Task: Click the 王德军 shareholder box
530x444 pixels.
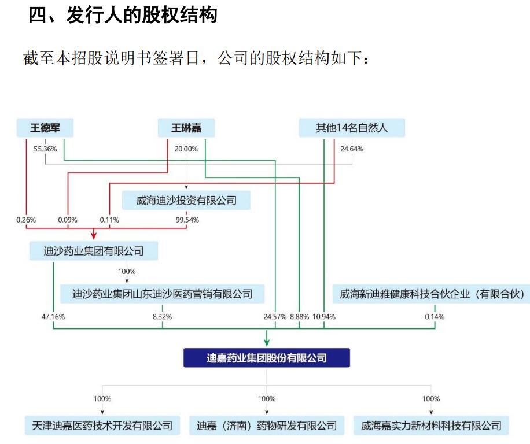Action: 45,128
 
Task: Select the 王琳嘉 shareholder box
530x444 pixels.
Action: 185,128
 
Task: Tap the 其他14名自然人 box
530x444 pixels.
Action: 352,128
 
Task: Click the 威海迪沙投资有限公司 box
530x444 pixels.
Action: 186,201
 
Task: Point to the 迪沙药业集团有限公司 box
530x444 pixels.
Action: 94,251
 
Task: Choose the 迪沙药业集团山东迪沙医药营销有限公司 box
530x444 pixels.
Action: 163,294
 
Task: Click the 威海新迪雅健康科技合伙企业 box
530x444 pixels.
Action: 432,294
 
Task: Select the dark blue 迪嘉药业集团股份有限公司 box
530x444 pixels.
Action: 267,358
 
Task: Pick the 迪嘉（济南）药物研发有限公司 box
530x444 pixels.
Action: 267,425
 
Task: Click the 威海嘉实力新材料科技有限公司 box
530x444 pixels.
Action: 431,425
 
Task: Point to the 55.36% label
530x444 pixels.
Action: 45,149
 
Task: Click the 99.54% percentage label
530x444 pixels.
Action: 186,220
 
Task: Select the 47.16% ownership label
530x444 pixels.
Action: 53,317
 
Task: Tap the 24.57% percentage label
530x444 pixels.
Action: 275,317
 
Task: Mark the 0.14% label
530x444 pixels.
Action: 435,317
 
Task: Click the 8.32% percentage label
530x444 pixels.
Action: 162,317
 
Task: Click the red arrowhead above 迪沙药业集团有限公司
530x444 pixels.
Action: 94,235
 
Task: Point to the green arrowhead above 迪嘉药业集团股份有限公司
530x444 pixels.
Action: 267,341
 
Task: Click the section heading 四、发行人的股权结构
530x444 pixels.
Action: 123,16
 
